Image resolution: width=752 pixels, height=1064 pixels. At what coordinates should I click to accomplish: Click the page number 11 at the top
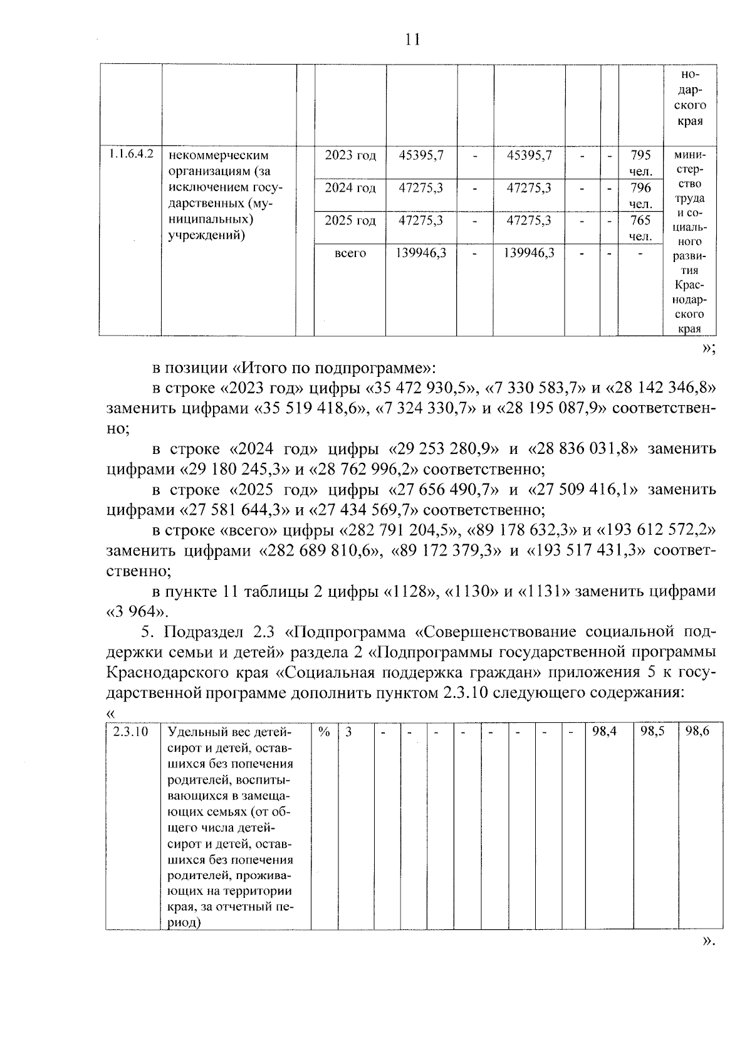tap(412, 40)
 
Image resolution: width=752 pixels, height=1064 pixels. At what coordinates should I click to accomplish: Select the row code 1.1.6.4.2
tap(131, 154)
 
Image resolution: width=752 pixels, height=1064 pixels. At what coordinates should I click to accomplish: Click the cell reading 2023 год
tap(350, 155)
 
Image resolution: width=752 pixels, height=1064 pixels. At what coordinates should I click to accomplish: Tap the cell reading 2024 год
tap(350, 188)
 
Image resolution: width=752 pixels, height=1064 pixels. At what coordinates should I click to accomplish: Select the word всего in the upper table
tap(350, 253)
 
